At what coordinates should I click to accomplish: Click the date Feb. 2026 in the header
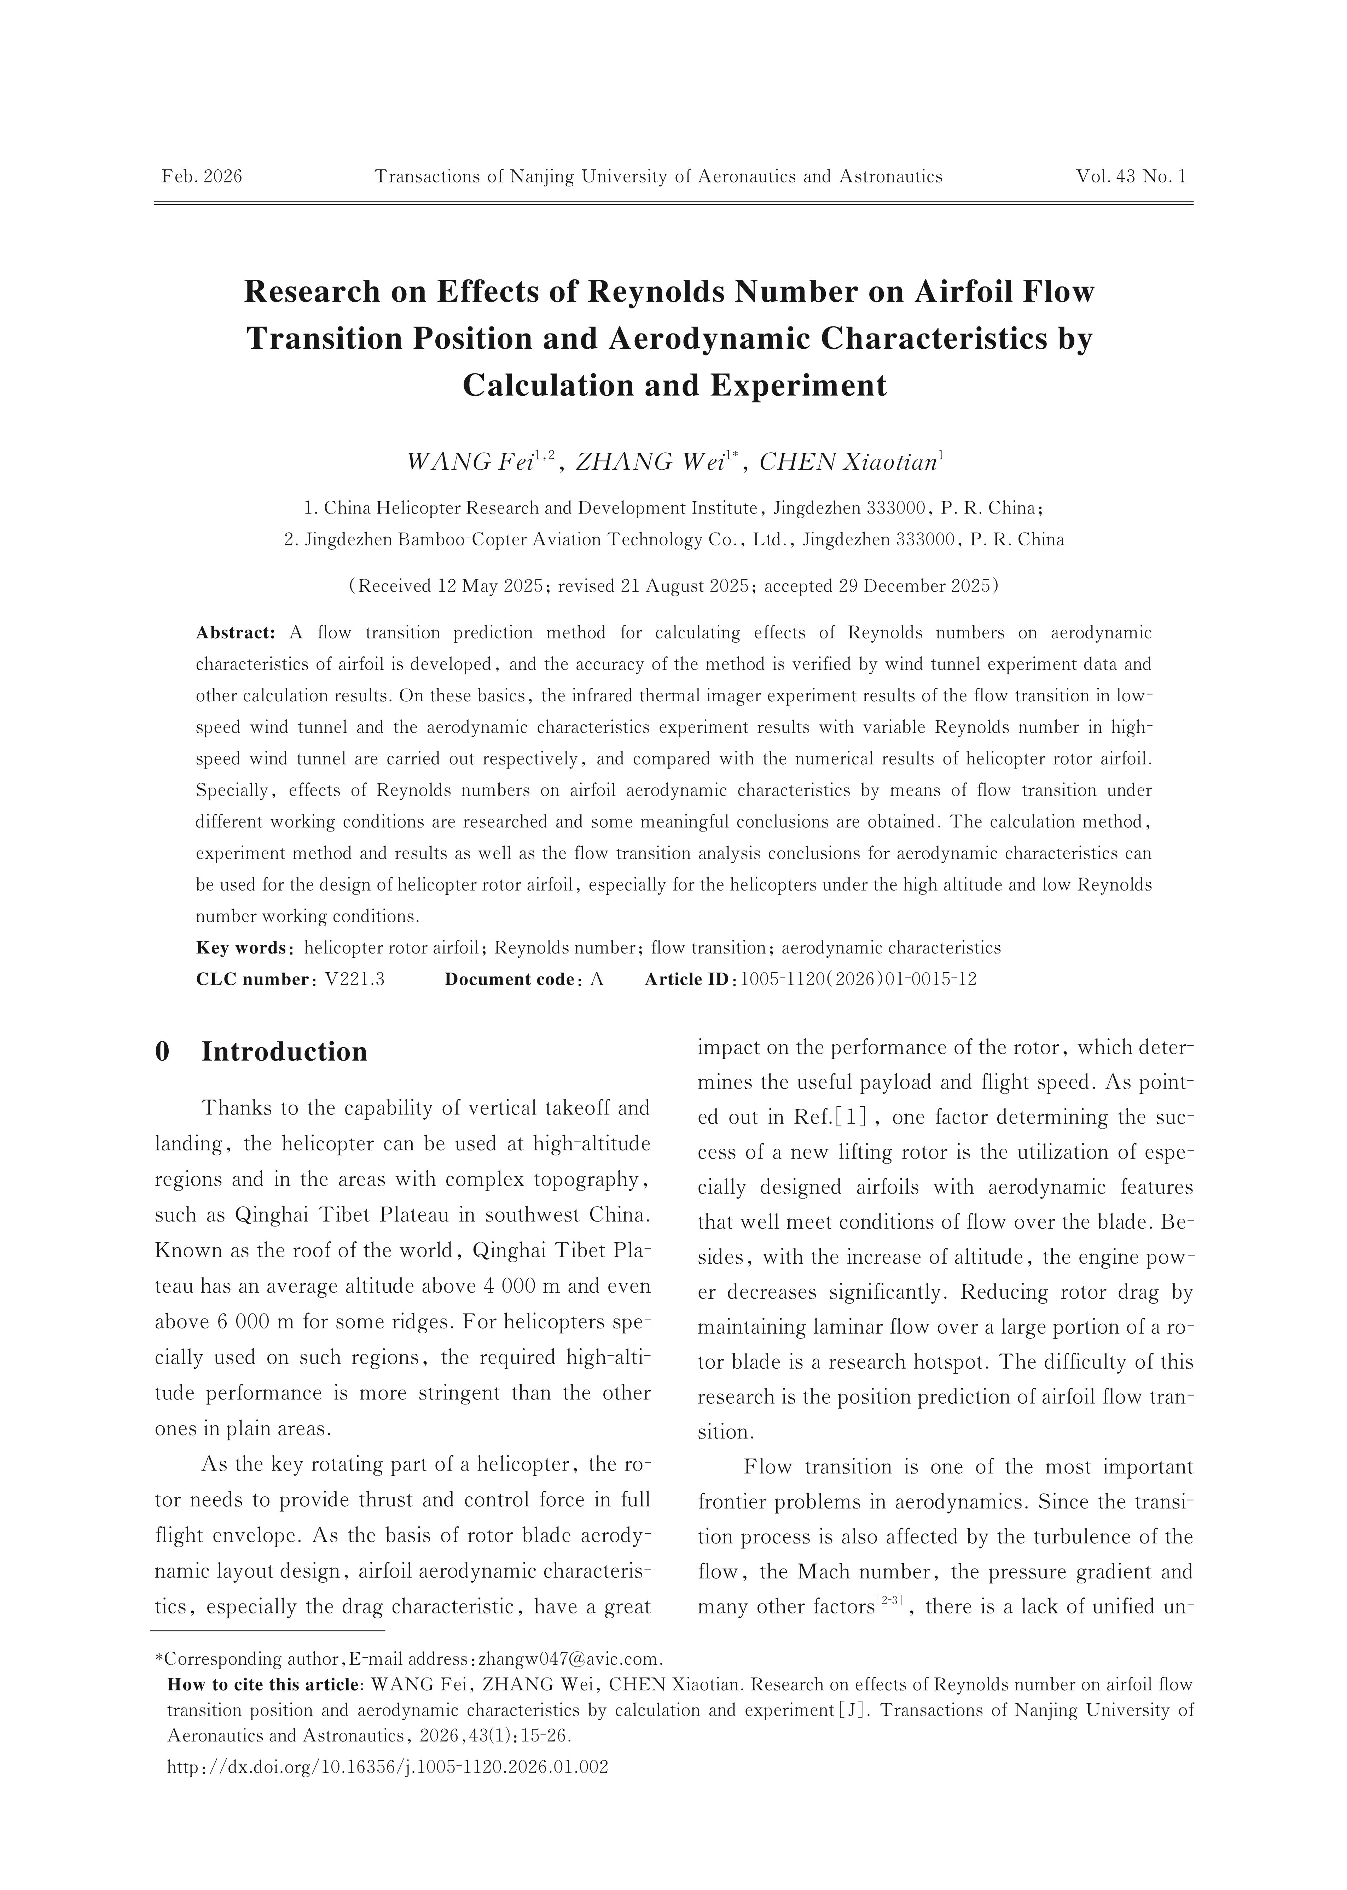(202, 176)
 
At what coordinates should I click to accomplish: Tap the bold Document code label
(510, 979)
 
